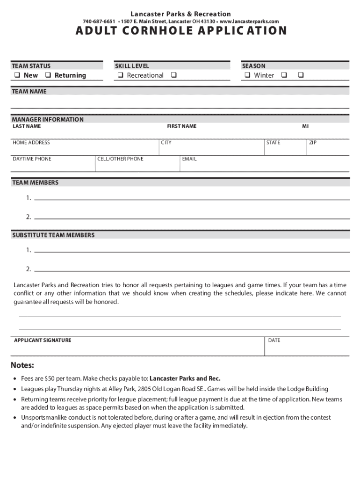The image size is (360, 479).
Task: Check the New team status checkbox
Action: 16,75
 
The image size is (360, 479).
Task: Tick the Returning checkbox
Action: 48,75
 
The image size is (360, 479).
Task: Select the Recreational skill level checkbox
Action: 120,75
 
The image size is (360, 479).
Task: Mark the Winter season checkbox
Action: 247,75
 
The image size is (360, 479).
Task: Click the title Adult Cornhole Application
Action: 180,31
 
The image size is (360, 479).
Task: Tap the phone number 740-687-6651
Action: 99,22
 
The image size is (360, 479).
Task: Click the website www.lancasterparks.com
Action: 249,22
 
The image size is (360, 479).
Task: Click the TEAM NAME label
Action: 29,92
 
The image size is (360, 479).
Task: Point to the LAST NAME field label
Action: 27,126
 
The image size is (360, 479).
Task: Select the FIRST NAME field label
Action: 182,126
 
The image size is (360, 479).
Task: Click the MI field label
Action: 305,126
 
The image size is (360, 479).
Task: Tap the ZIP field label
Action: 313,143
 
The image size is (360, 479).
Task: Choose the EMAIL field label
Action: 189,159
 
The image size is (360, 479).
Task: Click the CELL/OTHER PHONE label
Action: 121,159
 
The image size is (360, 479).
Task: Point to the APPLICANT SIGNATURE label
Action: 43,340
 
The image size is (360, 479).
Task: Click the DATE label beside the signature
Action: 274,340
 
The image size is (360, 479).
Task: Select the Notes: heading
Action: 22,365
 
